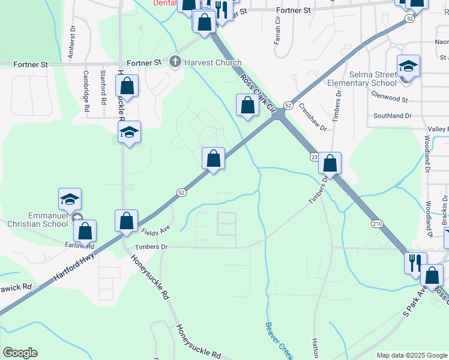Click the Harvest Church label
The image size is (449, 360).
[212, 62]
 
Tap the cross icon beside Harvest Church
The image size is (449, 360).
[175, 62]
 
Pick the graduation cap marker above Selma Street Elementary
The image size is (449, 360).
[408, 67]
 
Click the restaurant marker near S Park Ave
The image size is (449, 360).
[415, 262]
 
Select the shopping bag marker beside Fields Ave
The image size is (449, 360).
[127, 221]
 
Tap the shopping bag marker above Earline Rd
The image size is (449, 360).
[86, 231]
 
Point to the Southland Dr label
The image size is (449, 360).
[393, 115]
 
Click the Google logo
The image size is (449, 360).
[20, 353]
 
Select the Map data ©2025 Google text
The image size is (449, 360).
[411, 355]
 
